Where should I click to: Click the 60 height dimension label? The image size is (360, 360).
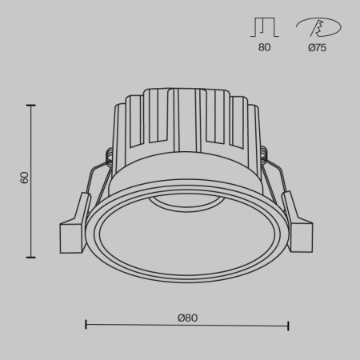click(24, 178)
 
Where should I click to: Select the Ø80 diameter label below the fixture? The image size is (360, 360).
click(187, 318)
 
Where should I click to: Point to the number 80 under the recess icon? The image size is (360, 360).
click(265, 48)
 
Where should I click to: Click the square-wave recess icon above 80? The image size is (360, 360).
click(265, 29)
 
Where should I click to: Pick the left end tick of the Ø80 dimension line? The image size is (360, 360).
click(86, 325)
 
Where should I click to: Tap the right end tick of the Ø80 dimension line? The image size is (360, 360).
click(288, 325)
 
